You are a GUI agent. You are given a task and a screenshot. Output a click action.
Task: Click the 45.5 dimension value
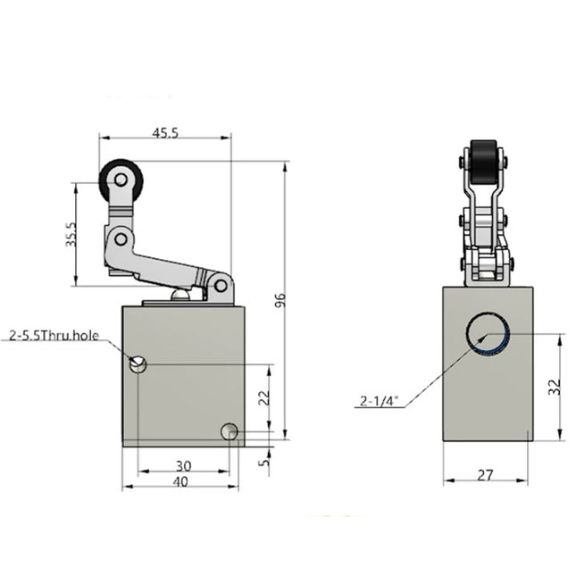(165, 132)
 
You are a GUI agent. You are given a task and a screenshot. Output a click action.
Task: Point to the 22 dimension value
(263, 398)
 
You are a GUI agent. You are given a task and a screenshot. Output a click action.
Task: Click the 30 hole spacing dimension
(182, 465)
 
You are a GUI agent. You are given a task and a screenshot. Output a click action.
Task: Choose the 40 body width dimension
(181, 481)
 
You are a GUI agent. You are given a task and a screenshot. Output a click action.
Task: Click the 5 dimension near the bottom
(263, 462)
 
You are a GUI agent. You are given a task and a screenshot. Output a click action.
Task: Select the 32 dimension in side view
(553, 386)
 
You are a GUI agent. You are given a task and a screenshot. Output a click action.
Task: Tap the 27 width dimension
(485, 475)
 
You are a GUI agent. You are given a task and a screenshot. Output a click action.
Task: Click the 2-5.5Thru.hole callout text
(54, 336)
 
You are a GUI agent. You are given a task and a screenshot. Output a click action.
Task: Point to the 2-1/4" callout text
(379, 402)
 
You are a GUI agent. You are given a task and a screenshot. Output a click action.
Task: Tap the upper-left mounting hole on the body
(138, 363)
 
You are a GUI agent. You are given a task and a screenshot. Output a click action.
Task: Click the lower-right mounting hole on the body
(230, 431)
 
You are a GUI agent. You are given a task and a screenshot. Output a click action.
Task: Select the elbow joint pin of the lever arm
(119, 238)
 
